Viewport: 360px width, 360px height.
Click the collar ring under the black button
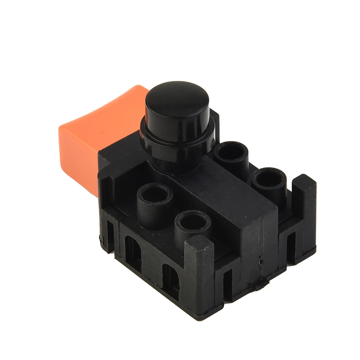tap(176, 144)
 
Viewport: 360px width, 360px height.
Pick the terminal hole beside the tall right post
tap(269, 178)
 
